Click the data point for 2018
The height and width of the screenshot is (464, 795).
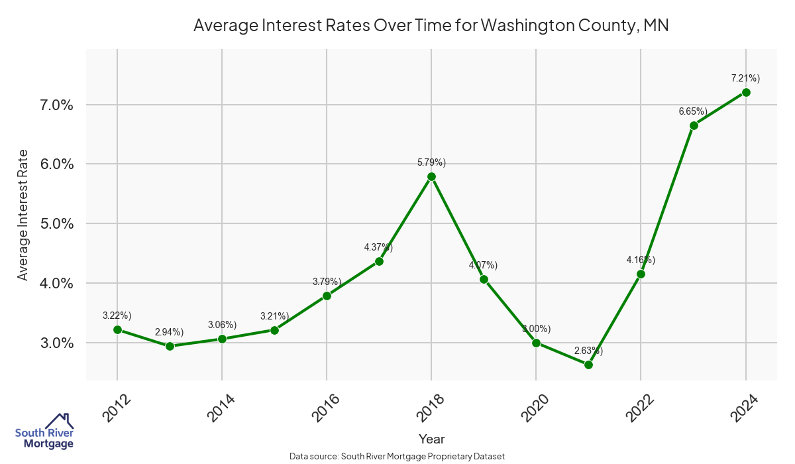[x=431, y=176]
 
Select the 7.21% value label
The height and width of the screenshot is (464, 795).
[x=745, y=78]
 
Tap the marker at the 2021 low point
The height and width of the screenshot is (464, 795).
[x=588, y=365]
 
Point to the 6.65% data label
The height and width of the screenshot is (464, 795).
[x=693, y=111]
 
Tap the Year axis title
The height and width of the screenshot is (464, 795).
[x=431, y=439]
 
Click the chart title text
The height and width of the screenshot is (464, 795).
[x=431, y=26]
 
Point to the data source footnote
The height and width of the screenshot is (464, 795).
[x=397, y=456]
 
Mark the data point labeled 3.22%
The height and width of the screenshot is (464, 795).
[x=117, y=329]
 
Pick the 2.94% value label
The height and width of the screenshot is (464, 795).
[x=169, y=331]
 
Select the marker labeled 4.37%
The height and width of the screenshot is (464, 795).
[x=379, y=261]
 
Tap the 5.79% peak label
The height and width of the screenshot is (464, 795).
[x=431, y=162]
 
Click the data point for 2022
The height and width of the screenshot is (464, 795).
[x=641, y=274]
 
